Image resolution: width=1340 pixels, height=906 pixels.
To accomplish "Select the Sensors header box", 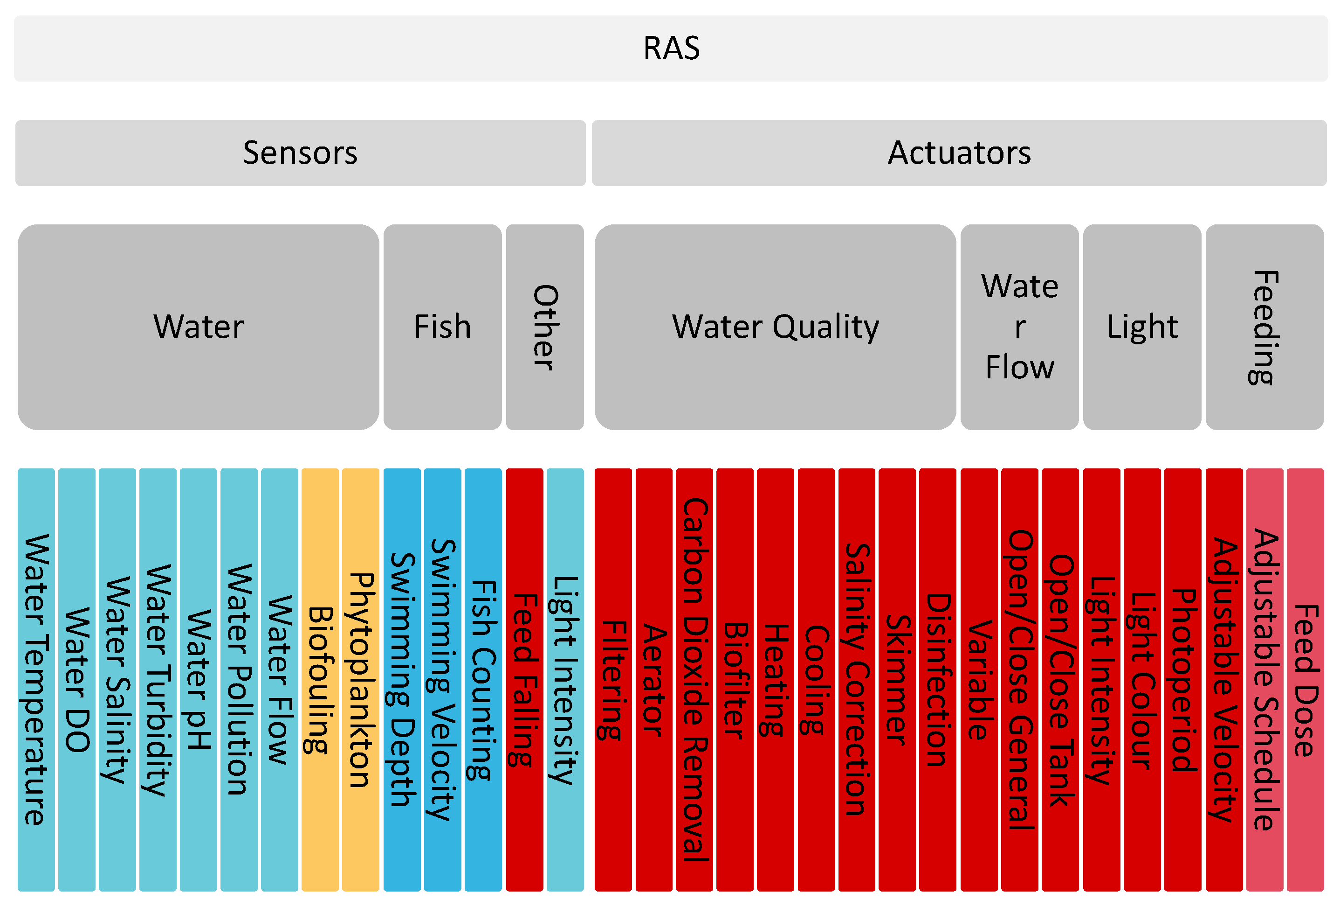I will click(300, 153).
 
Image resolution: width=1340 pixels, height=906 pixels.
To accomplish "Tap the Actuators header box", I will click(958, 153).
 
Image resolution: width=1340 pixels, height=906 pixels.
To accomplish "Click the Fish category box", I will click(442, 327).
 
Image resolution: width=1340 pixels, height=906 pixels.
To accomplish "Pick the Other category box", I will click(544, 327).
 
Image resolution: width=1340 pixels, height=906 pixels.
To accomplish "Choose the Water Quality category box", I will click(775, 327).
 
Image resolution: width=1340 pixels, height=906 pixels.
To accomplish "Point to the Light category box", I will click(1141, 327).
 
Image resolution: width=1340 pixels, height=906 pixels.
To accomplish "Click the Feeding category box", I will click(1264, 327).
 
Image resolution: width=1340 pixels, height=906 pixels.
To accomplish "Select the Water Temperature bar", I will click(36, 679).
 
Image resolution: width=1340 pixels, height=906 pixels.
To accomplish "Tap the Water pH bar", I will click(199, 679).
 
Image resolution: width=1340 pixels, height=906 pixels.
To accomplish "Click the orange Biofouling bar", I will click(320, 679).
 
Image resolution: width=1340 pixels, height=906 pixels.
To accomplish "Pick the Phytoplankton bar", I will click(360, 679).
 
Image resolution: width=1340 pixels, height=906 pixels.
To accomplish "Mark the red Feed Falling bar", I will click(524, 679).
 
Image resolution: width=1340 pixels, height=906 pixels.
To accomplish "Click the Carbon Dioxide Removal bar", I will click(694, 679).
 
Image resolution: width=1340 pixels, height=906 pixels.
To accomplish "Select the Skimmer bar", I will click(897, 679).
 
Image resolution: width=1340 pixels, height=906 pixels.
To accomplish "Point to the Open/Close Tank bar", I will click(1060, 679).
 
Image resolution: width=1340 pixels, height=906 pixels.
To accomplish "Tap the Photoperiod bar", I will click(1182, 679).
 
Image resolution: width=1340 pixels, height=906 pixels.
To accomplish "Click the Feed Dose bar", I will click(1305, 679).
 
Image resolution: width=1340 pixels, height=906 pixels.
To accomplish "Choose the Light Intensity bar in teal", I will click(564, 679).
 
